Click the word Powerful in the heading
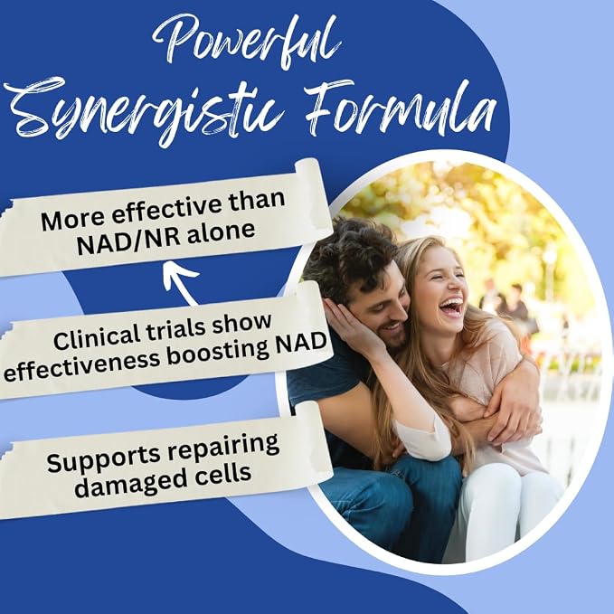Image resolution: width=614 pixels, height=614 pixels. [x=247, y=43]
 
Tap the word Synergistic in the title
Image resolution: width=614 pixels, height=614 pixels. [x=145, y=111]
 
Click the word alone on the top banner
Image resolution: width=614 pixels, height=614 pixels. [x=221, y=231]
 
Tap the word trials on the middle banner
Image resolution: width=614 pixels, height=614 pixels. [x=175, y=328]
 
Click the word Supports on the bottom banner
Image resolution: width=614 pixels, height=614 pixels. [x=103, y=458]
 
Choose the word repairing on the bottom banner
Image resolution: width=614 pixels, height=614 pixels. [x=222, y=448]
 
